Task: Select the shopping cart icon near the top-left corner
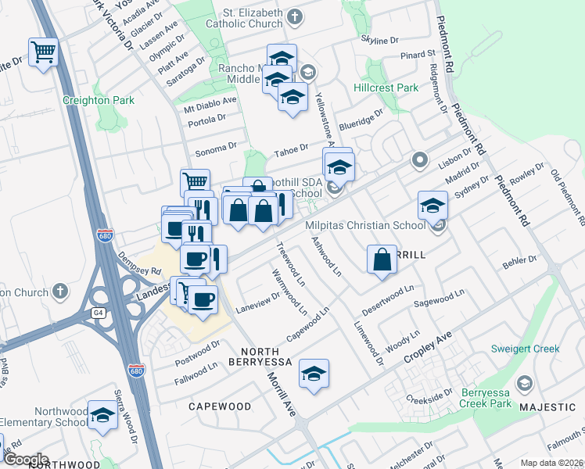44,52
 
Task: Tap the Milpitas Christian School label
364,226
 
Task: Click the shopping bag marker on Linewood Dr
381,260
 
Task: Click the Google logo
26,460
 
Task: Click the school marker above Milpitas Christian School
432,205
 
